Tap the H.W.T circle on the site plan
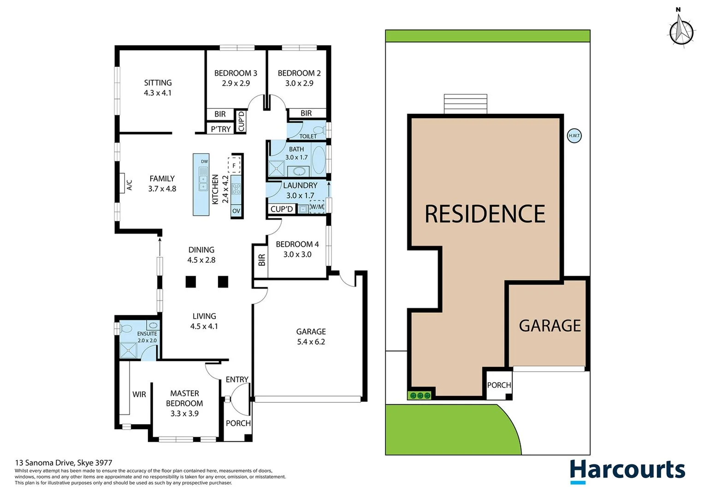(x=574, y=136)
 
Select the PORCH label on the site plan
(x=499, y=385)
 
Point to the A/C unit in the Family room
(x=122, y=183)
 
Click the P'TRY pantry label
(x=220, y=129)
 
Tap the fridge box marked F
(x=234, y=165)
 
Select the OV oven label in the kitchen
(x=236, y=211)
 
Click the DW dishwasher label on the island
(x=204, y=161)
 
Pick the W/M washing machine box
(x=317, y=207)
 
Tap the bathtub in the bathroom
(x=318, y=159)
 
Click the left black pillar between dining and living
(x=191, y=282)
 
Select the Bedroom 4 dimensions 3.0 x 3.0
(x=297, y=255)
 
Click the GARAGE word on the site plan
(x=550, y=326)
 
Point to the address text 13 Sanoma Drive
(x=64, y=462)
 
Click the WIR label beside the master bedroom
(x=139, y=394)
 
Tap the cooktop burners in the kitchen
(x=236, y=188)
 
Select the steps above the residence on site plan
(x=465, y=104)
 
